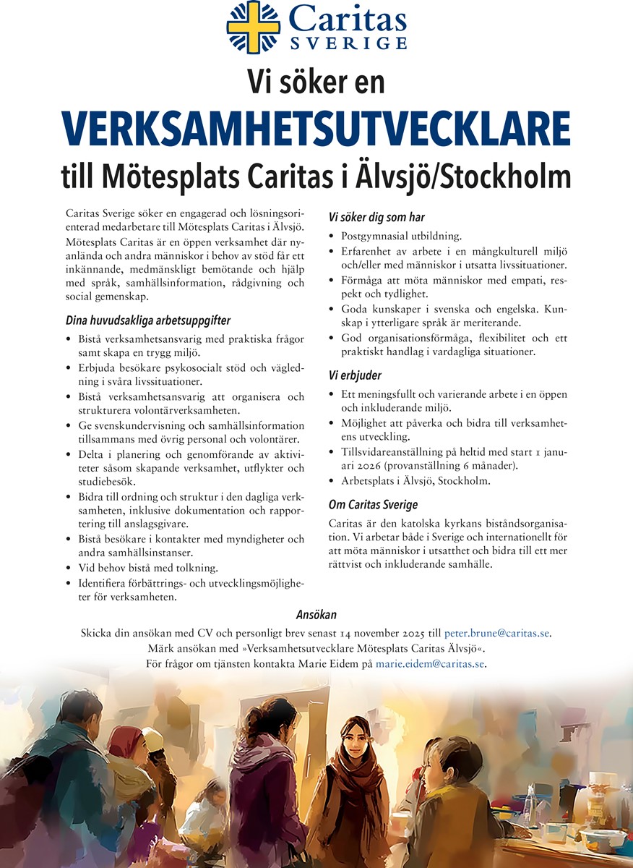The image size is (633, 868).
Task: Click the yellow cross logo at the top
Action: point(254,27)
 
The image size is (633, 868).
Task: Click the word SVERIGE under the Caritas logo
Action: point(348,44)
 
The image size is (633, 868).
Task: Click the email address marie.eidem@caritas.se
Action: point(431,663)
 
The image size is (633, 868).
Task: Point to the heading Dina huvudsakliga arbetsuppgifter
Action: point(148,320)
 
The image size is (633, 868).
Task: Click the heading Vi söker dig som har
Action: point(376,217)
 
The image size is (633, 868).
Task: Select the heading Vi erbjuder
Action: point(355,375)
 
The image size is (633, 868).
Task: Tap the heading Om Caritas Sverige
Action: point(373,504)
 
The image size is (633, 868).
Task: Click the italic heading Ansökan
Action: point(316,615)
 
